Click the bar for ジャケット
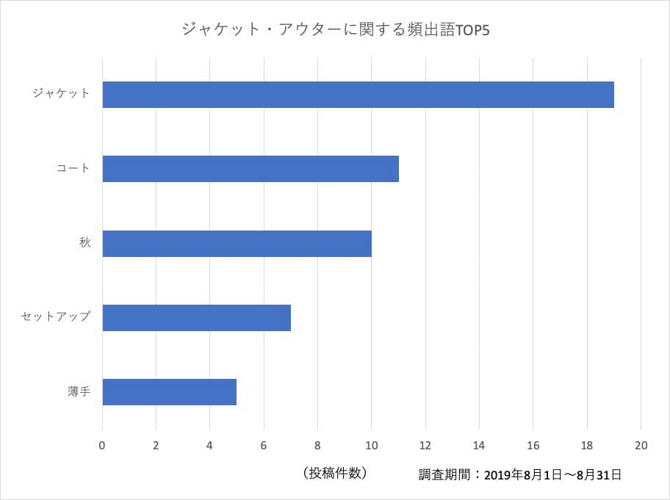tap(358, 95)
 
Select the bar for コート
tap(251, 169)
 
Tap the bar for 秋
tap(237, 244)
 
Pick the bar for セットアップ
tap(196, 318)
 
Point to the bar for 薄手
tap(169, 392)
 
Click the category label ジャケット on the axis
tap(61, 94)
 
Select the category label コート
tap(73, 169)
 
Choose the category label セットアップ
tap(56, 317)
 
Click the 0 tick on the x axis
tap(102, 445)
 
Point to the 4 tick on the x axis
tap(209, 445)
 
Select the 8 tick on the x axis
tap(317, 445)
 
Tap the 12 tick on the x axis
tap(425, 445)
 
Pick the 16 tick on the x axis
tap(533, 445)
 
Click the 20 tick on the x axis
tap(641, 445)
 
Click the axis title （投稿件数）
tap(334, 474)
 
